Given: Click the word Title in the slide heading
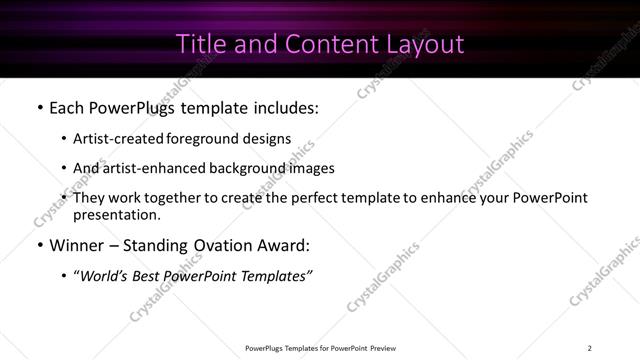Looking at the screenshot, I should pyautogui.click(x=200, y=44).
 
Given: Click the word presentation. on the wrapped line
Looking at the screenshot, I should pyautogui.click(x=116, y=214).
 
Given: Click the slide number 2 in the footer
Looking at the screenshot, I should pyautogui.click(x=590, y=347).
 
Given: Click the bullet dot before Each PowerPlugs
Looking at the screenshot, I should pyautogui.click(x=39, y=106).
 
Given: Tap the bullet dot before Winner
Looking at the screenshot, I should pyautogui.click(x=39, y=245).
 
